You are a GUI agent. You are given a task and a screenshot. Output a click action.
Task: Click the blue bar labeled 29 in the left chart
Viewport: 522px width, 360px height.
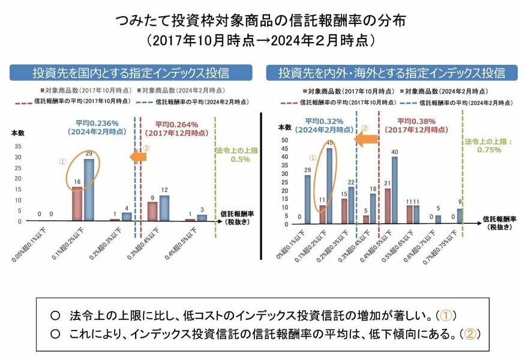(x=88, y=190)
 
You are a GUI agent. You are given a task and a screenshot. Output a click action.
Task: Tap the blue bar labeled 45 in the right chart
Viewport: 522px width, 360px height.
(x=329, y=185)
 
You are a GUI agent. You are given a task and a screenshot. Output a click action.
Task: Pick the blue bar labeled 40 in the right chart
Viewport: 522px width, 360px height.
(x=394, y=190)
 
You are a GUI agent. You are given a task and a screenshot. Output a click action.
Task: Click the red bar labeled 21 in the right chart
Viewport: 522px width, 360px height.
(x=387, y=206)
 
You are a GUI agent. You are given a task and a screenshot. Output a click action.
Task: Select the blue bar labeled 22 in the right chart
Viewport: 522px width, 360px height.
(x=351, y=205)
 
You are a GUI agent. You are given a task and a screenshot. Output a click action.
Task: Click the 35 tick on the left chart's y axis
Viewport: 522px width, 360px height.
(x=17, y=146)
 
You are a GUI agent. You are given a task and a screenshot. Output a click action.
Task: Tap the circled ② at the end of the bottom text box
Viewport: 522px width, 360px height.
(x=470, y=332)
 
